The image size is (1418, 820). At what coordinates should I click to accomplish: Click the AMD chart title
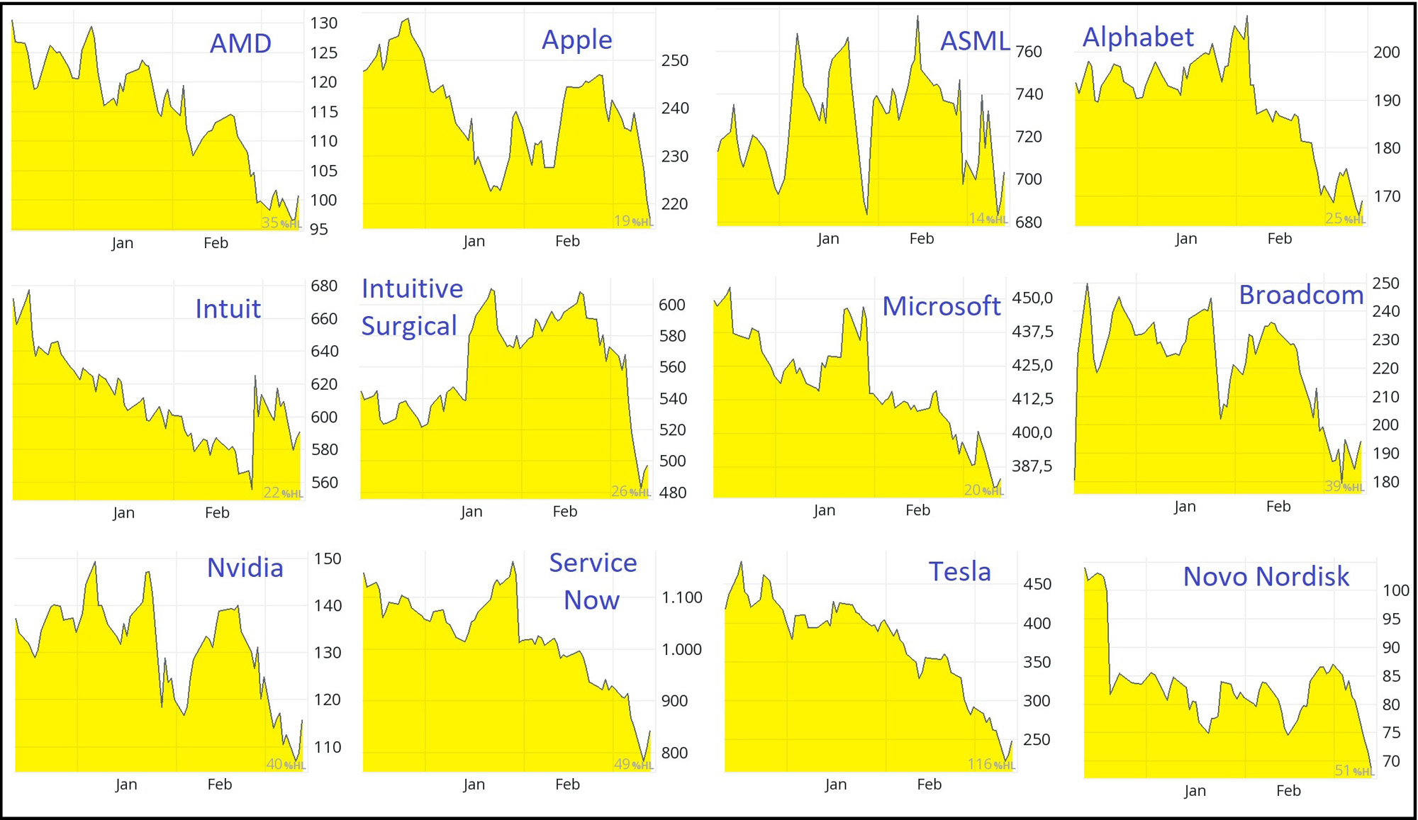click(x=240, y=44)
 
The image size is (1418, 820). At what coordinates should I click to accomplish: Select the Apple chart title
click(x=576, y=40)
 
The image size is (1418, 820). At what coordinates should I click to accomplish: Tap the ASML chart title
click(x=974, y=41)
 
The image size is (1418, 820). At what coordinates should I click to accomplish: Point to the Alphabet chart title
click(x=1138, y=38)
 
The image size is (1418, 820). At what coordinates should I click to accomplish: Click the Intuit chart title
click(x=228, y=309)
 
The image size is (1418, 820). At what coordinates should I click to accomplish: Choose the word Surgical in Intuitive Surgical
click(x=409, y=326)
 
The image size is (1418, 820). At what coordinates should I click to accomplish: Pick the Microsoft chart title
click(x=941, y=306)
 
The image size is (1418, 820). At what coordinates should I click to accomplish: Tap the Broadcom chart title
click(x=1301, y=295)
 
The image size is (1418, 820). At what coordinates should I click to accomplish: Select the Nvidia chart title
click(x=245, y=568)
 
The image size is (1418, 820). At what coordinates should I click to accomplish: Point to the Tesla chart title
click(x=959, y=571)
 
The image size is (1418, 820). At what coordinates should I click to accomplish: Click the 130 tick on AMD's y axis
click(x=323, y=23)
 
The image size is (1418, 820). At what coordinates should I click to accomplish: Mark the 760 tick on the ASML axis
click(x=1029, y=52)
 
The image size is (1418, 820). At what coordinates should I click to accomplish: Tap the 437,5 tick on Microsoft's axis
click(x=1032, y=332)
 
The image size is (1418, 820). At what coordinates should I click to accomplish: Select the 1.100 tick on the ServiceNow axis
click(x=681, y=597)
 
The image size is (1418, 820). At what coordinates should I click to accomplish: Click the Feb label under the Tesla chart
click(x=929, y=785)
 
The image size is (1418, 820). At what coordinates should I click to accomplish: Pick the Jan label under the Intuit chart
click(x=123, y=513)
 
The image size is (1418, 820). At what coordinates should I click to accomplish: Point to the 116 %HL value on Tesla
click(x=990, y=764)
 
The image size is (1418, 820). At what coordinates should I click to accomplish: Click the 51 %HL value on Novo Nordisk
click(x=1353, y=770)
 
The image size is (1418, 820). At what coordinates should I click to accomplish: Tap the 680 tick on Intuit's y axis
click(x=324, y=286)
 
